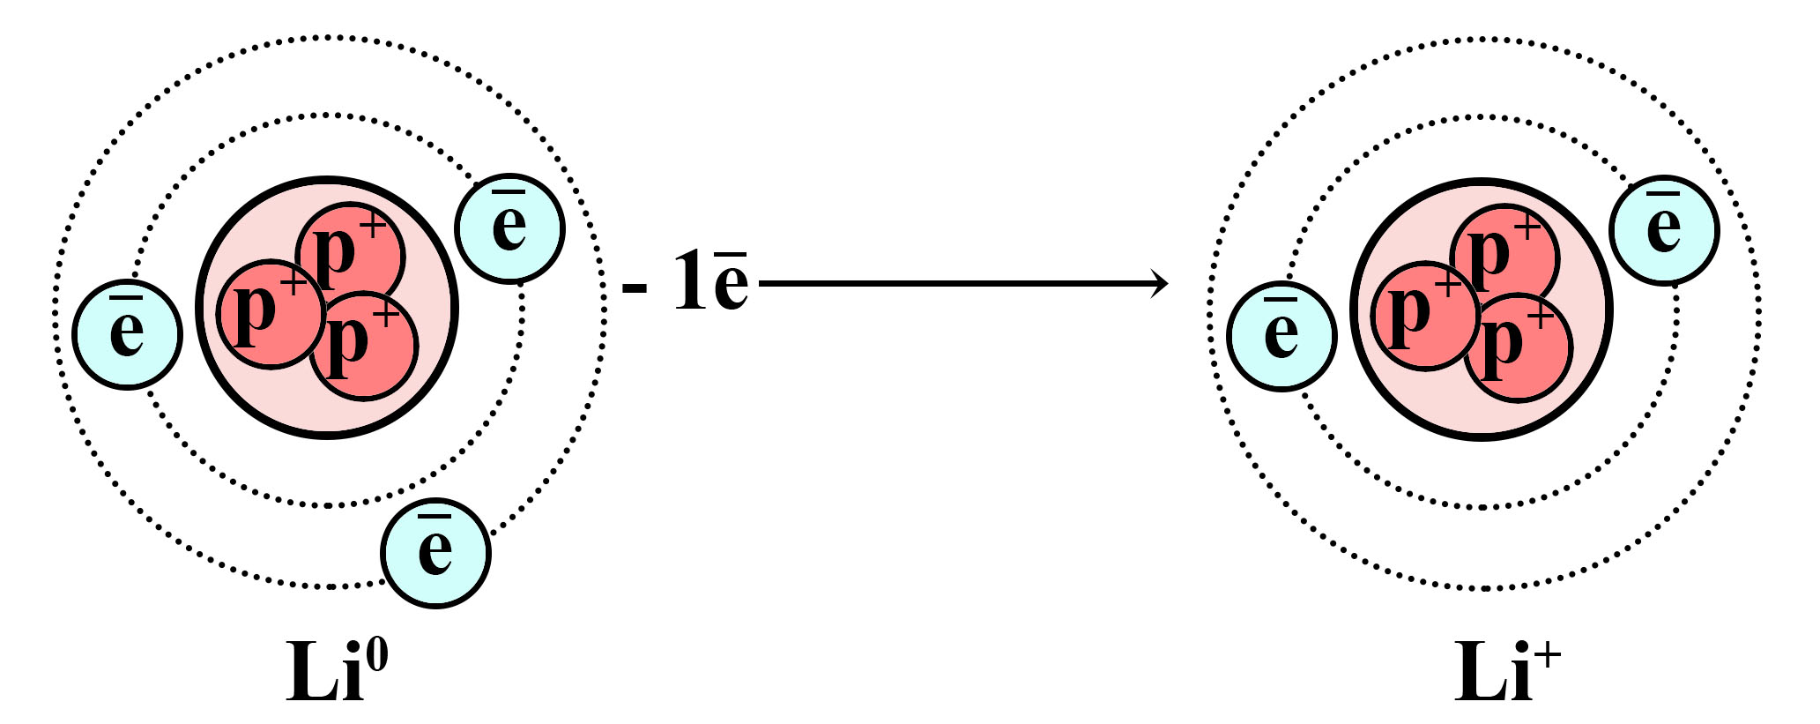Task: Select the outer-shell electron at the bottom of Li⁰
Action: pyautogui.click(x=435, y=554)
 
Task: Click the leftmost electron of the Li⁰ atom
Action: pyautogui.click(x=127, y=335)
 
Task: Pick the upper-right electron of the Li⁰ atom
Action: pyautogui.click(x=509, y=228)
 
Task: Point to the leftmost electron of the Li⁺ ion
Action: pyautogui.click(x=1281, y=336)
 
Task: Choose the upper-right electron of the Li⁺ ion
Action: pyautogui.click(x=1664, y=229)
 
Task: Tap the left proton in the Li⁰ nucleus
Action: pyautogui.click(x=271, y=314)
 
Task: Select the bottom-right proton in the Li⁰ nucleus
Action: pyautogui.click(x=364, y=345)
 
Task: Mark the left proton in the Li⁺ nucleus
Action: pyautogui.click(x=1426, y=316)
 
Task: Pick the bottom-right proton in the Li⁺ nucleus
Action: pyautogui.click(x=1519, y=347)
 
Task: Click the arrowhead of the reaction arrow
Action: pyautogui.click(x=1160, y=284)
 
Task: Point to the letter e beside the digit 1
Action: pyautogui.click(x=731, y=281)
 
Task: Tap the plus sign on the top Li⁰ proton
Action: pyautogui.click(x=374, y=227)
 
